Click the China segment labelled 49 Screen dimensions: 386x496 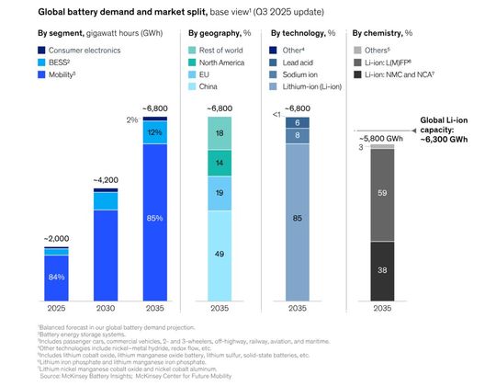(219, 253)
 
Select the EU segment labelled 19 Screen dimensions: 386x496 (219, 193)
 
